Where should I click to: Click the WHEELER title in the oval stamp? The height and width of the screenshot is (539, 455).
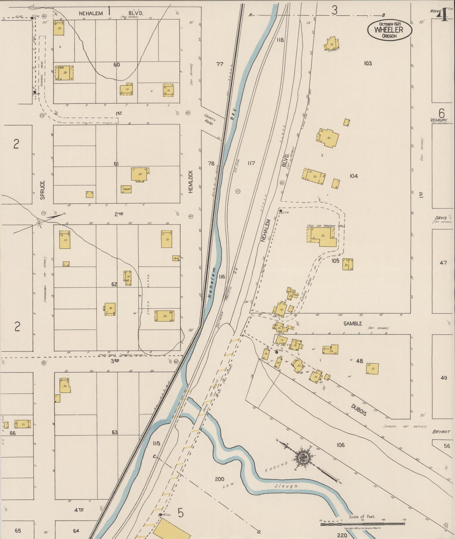[389, 30]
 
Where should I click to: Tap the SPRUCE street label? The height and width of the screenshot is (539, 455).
[43, 190]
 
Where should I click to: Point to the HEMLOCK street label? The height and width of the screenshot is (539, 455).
[191, 181]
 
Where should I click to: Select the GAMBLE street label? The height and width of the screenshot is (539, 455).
[353, 324]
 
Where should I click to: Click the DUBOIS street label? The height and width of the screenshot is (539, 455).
[359, 410]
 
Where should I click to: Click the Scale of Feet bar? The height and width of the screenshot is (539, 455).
[362, 524]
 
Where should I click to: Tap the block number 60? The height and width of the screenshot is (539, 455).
[117, 65]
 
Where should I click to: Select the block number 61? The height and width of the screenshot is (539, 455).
[116, 164]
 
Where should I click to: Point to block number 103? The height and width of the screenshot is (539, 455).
[367, 64]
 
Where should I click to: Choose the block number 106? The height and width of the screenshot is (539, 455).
[340, 445]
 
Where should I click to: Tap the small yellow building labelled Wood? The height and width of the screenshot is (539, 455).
[126, 189]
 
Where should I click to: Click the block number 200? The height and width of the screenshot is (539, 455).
[219, 479]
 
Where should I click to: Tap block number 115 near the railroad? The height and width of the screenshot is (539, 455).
[156, 444]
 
